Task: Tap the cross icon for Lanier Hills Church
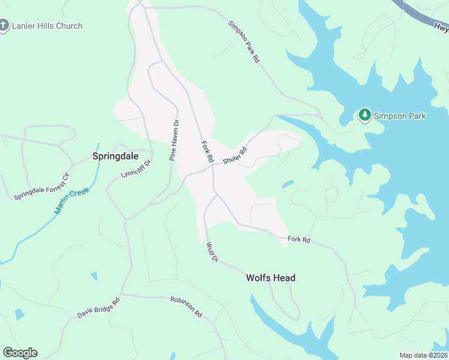(x=4, y=25)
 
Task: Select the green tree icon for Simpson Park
(x=364, y=115)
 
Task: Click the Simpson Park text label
(x=400, y=115)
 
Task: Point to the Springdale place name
(x=115, y=156)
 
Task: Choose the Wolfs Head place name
(x=271, y=278)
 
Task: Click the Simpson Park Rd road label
(x=244, y=42)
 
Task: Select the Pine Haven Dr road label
(x=174, y=140)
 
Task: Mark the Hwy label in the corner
(x=440, y=27)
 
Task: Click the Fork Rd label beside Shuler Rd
(x=207, y=152)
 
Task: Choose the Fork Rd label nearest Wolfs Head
(x=298, y=239)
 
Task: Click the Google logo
(x=20, y=353)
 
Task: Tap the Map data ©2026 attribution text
(x=423, y=355)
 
